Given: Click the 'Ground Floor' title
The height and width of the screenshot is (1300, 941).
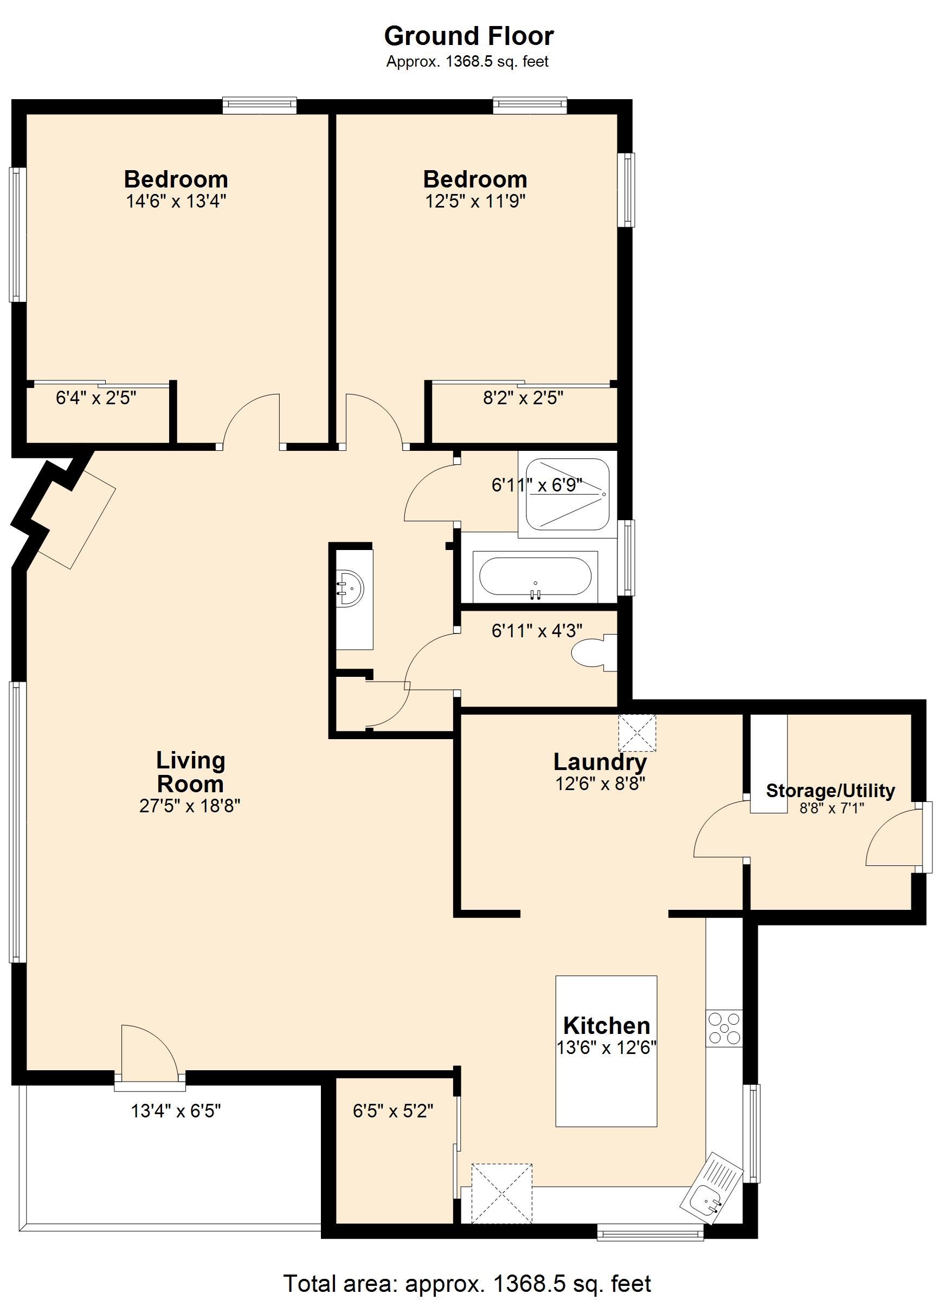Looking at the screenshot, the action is [468, 36].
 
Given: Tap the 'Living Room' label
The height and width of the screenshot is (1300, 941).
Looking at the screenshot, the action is [190, 772].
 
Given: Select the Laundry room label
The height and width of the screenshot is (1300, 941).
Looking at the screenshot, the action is [600, 762].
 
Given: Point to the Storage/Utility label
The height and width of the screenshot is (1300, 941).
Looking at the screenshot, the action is [830, 791].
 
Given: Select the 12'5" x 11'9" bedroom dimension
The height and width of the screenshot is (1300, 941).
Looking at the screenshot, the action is [475, 201].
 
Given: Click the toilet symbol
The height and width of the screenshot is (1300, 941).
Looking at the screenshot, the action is [594, 653].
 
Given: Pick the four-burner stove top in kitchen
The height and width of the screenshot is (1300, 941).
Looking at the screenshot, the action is [724, 1028].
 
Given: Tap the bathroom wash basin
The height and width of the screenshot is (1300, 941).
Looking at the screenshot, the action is [350, 589].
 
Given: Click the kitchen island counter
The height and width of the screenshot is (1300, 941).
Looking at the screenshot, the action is [606, 1051].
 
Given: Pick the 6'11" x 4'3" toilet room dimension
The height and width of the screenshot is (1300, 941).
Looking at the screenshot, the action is [537, 631].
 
